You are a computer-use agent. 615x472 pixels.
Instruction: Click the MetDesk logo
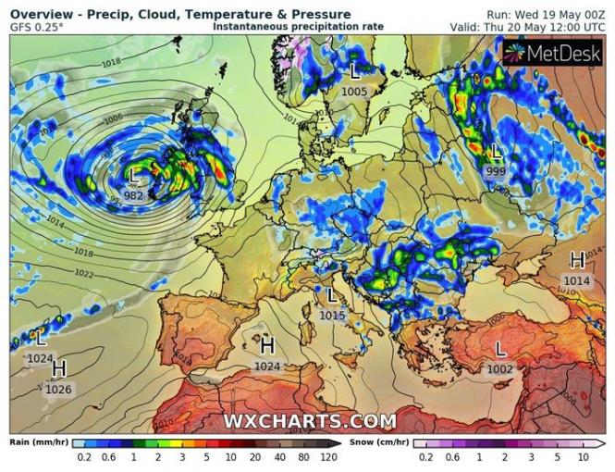[x=553, y=53]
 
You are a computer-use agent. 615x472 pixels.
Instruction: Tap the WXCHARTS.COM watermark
[x=310, y=421]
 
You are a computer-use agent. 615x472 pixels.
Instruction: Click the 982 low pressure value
[x=133, y=195]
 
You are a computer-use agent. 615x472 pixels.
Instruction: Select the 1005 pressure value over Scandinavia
[x=354, y=92]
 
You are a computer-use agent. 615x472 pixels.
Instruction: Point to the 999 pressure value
[x=496, y=172]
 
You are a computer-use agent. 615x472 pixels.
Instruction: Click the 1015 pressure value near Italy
[x=332, y=316]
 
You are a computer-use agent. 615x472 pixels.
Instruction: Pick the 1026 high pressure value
[x=58, y=389]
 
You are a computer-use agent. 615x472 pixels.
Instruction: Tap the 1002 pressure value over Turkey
[x=500, y=368]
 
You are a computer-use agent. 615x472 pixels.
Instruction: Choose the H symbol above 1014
[x=577, y=260]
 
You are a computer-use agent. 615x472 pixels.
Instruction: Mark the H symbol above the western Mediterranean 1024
[x=267, y=346]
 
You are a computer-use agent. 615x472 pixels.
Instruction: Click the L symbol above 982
[x=134, y=176]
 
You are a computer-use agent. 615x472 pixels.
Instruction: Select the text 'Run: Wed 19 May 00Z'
[x=547, y=15]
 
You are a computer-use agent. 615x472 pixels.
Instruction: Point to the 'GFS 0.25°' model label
[x=37, y=27]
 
